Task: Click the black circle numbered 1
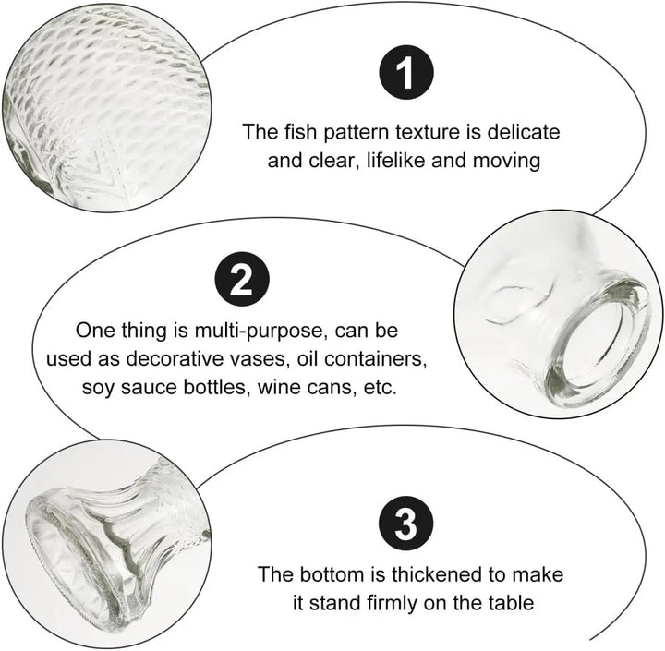coord(406,73)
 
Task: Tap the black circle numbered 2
coord(242,279)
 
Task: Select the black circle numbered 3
coord(405,524)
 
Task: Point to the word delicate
coord(523,131)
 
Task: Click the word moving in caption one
coord(506,162)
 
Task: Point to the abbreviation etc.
coord(380,388)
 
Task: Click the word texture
coord(428,131)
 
